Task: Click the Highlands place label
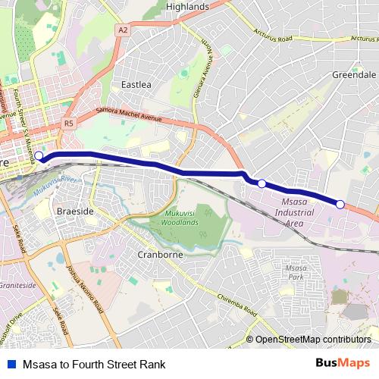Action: coord(187,7)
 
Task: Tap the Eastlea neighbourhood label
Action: coord(136,85)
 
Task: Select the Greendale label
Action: coord(354,75)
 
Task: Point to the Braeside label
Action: coord(76,211)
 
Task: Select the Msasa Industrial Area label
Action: coord(292,214)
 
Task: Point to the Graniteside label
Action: coord(17,286)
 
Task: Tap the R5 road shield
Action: coord(69,122)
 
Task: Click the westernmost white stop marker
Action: coord(39,157)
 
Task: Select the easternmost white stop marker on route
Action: coord(340,204)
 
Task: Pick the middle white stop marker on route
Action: coord(262,183)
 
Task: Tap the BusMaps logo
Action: coord(343,363)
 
